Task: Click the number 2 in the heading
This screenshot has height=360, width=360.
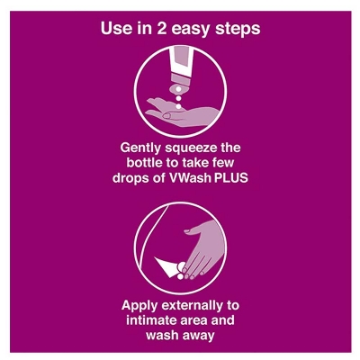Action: tap(162, 29)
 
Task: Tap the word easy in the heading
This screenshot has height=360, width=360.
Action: tap(191, 30)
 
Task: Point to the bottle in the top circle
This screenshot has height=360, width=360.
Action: tap(180, 69)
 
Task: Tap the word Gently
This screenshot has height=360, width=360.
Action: tap(139, 148)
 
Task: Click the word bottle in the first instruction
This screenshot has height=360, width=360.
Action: tap(144, 163)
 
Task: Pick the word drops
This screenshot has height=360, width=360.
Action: tap(130, 179)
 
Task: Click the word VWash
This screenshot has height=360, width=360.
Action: tap(189, 178)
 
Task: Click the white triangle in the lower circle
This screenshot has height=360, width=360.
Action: tap(166, 265)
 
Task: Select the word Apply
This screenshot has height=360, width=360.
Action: tap(139, 307)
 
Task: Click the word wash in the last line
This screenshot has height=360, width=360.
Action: tap(161, 335)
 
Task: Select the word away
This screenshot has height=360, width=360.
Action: tap(198, 336)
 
